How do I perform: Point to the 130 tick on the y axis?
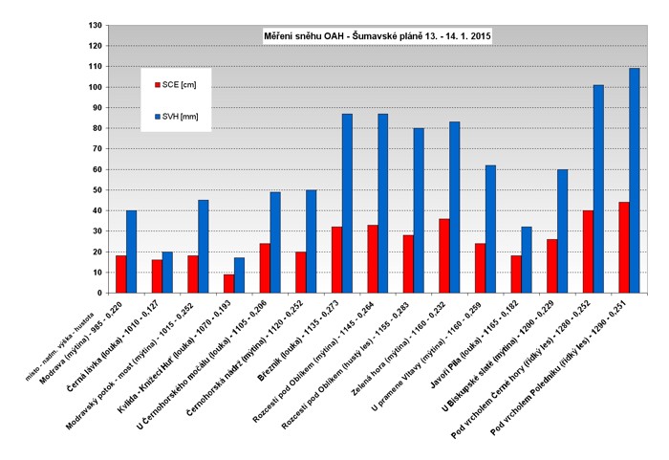click(x=95, y=25)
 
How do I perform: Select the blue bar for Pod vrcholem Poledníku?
click(x=635, y=181)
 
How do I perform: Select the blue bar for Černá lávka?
click(x=167, y=273)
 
